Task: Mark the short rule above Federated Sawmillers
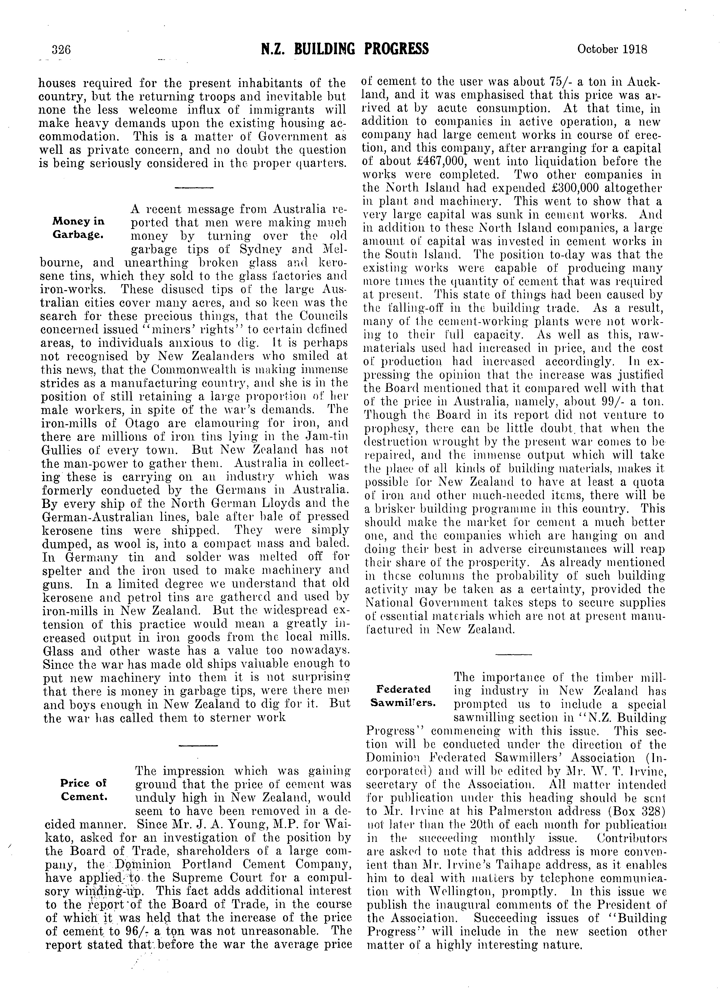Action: pos(514,654)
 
